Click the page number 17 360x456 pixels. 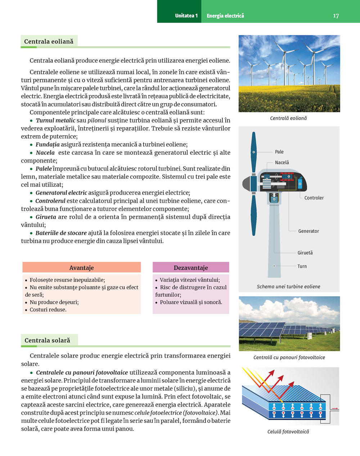pos(336,16)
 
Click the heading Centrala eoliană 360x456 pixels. pos(49,41)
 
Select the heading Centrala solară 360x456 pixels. pos(47,340)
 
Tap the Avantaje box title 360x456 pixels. pos(81,268)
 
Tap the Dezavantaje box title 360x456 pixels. pos(191,268)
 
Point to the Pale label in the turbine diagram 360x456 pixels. pos(279,152)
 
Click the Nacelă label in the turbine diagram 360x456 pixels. pos(282,163)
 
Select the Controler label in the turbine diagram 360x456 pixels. pos(314,198)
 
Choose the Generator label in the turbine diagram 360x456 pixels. pos(309,231)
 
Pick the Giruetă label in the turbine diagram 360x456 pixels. pos(305,253)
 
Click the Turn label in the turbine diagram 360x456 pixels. pos(302,266)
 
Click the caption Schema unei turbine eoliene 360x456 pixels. pos(288,287)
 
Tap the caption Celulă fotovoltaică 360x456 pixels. pos(288,432)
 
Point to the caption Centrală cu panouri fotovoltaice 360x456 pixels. pos(289,357)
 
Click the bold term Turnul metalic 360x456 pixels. pos(55,120)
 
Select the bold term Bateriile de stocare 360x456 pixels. pos(61,233)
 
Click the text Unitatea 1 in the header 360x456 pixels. pos(186,16)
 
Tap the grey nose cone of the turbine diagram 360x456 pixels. pos(246,184)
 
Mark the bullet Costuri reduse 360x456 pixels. pos(48,310)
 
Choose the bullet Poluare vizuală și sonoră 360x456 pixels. pos(191,302)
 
